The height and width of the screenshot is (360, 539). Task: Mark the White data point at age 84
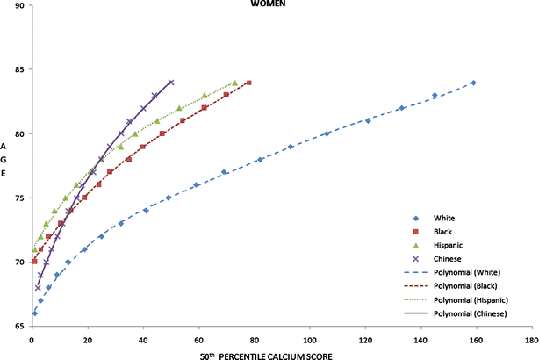(x=473, y=83)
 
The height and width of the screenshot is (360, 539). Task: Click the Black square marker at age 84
(x=249, y=83)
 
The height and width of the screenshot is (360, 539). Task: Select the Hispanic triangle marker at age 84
(x=234, y=83)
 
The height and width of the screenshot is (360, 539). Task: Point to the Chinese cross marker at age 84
(x=170, y=83)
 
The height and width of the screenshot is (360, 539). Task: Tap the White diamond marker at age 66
(x=34, y=313)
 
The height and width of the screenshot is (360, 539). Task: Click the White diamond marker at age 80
(x=327, y=133)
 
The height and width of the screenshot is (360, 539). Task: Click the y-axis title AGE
(x=6, y=159)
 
